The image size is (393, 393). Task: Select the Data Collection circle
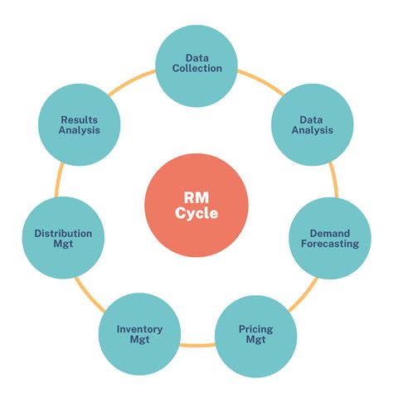coord(197,65)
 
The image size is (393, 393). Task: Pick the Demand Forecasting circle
coord(329,239)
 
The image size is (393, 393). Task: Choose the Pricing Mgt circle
coord(255,335)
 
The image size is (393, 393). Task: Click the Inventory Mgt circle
coord(139,335)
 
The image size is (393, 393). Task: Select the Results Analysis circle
coord(80,125)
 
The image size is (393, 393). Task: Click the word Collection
coord(197,70)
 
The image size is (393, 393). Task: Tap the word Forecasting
coord(329,245)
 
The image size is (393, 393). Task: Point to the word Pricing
coord(255,329)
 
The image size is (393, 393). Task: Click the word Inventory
coord(139,329)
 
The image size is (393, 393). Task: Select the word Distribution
coord(63,234)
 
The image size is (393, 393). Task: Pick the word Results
coord(80,119)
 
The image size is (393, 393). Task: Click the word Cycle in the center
coord(196,214)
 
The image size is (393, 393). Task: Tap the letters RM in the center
coord(196,197)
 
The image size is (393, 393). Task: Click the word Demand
coord(329,233)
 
